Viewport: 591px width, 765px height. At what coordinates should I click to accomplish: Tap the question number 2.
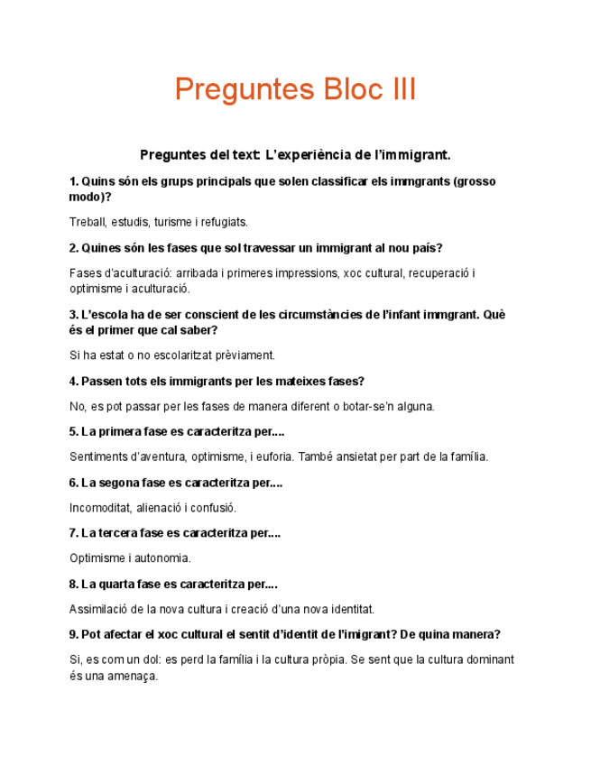click(x=73, y=248)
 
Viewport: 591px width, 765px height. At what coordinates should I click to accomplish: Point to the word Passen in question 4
click(x=101, y=382)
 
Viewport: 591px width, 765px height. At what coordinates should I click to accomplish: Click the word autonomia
click(x=162, y=558)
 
